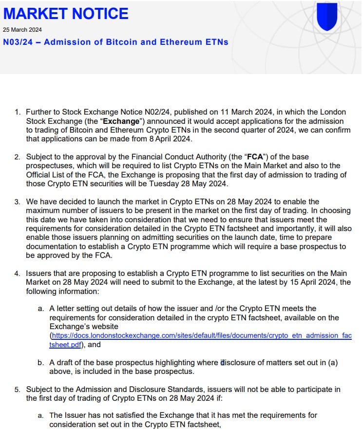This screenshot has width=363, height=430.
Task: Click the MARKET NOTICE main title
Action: click(66, 13)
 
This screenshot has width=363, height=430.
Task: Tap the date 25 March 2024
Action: click(22, 30)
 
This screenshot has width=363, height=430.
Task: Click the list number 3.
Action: click(17, 202)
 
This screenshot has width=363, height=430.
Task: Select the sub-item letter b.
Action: click(40, 362)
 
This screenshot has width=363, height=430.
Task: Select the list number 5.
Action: click(17, 389)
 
